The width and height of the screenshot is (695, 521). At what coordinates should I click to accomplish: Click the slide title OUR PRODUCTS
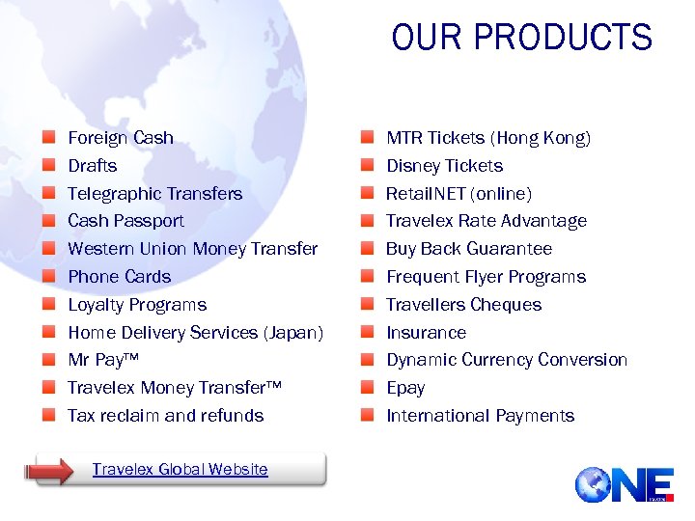point(521,38)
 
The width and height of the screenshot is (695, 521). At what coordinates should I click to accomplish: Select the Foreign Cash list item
point(121,138)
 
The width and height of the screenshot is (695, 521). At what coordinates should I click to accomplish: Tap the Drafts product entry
point(93,166)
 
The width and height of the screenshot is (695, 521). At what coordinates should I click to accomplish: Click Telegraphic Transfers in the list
point(154,193)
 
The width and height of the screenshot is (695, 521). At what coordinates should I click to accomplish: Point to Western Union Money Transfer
point(192,249)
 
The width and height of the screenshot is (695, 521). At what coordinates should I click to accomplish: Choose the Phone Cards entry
point(119,277)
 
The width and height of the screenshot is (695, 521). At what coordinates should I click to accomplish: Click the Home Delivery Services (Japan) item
point(195,333)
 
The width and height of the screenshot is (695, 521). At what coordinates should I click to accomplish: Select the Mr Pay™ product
point(103,360)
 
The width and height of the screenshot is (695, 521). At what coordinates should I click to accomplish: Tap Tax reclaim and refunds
point(165,416)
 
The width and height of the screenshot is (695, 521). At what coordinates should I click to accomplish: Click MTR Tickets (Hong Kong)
point(488,138)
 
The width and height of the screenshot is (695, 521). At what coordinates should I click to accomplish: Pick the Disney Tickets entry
point(444,166)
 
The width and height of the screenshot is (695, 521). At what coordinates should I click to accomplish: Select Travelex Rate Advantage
point(486,221)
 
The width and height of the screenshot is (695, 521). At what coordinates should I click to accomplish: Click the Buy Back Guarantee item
point(469,249)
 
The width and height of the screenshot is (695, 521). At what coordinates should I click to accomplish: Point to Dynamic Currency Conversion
point(507,360)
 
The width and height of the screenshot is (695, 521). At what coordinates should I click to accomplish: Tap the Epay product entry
point(405,388)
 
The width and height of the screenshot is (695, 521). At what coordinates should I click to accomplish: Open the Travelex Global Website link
point(180,470)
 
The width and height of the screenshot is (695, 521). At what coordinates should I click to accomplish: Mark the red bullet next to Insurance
point(368,333)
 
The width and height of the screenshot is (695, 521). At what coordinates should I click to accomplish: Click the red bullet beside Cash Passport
point(48,221)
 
